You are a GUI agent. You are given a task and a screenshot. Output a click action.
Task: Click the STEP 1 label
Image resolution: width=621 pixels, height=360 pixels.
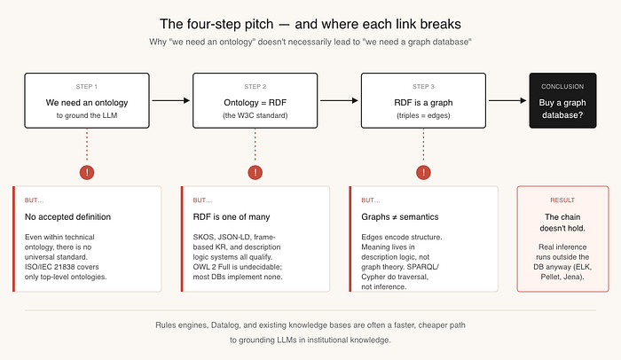pos(86,86)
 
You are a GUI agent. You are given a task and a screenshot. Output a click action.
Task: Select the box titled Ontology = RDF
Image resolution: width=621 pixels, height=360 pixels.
pos(255,100)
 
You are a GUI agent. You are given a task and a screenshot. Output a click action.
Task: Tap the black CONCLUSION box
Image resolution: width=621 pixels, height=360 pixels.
pos(562,100)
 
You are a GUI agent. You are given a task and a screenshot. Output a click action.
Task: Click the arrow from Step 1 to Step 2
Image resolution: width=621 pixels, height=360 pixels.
pos(171,100)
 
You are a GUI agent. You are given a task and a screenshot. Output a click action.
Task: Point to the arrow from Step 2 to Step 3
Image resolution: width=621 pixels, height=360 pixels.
pos(339,100)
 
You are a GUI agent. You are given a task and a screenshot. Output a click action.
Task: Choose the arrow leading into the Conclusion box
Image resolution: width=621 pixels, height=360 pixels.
pos(507,100)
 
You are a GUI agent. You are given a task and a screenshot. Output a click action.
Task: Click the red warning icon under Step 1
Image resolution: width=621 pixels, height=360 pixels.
pos(87,172)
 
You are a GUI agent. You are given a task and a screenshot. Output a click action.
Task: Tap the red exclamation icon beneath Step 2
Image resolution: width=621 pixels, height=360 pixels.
pos(255,172)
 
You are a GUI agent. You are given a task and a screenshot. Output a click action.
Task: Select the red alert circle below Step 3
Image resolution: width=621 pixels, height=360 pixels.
pos(423,172)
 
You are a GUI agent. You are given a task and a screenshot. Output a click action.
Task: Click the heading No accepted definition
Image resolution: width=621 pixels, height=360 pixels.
pos(67,217)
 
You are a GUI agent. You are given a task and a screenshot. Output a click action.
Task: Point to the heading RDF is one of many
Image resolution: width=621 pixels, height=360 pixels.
pos(232,217)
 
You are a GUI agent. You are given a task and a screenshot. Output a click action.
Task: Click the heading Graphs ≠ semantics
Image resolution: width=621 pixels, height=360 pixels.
pos(399,217)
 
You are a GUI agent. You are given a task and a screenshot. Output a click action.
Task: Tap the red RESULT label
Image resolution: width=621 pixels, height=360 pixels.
pos(562,200)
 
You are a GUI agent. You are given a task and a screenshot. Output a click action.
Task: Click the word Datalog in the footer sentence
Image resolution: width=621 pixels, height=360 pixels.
pos(225,325)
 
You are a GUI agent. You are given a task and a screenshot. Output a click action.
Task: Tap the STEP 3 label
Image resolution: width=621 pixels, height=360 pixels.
pos(423,86)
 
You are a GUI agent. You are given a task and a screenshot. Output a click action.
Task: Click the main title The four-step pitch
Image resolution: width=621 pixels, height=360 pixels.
pos(216,24)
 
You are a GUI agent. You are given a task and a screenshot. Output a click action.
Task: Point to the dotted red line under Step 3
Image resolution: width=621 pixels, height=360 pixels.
pos(423,146)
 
